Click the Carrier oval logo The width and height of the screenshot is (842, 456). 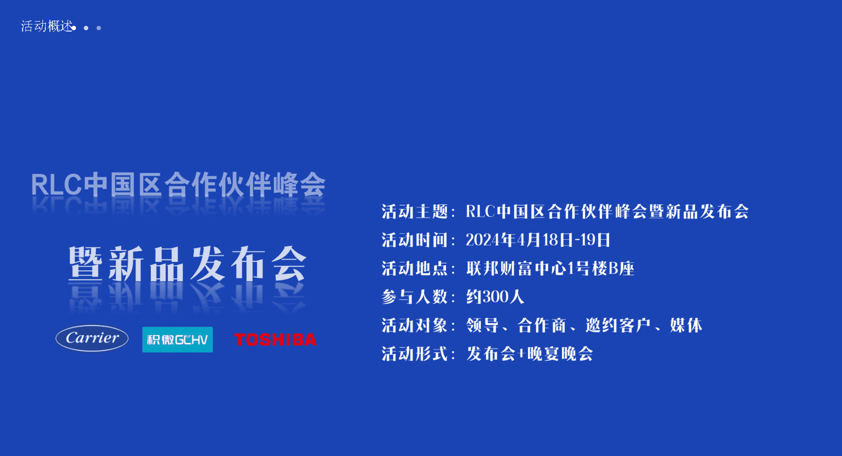click(x=92, y=338)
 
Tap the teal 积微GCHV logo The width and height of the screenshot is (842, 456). click(x=178, y=339)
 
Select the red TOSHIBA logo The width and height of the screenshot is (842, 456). click(x=275, y=340)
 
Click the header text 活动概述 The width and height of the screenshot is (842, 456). click(x=47, y=26)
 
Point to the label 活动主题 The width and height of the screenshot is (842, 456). click(x=414, y=212)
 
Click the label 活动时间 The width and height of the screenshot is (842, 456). click(x=414, y=240)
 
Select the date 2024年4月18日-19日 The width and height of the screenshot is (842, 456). click(x=538, y=240)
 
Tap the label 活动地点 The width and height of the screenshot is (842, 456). click(x=414, y=268)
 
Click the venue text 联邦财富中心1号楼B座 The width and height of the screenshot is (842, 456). click(x=550, y=268)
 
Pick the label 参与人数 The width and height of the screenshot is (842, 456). click(x=414, y=297)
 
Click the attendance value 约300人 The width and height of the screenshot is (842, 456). click(x=495, y=297)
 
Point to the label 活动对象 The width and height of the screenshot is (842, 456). click(x=414, y=325)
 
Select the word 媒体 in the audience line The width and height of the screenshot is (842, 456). click(x=686, y=325)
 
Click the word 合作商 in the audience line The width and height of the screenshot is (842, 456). click(x=542, y=325)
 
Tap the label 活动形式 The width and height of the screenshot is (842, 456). click(x=414, y=354)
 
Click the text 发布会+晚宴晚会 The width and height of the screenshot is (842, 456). click(x=530, y=354)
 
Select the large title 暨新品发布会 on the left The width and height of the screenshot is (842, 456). click(x=187, y=264)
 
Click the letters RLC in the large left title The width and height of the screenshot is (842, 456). click(x=56, y=185)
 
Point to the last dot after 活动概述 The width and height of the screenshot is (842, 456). click(x=99, y=28)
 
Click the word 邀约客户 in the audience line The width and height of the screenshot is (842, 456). click(x=618, y=325)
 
